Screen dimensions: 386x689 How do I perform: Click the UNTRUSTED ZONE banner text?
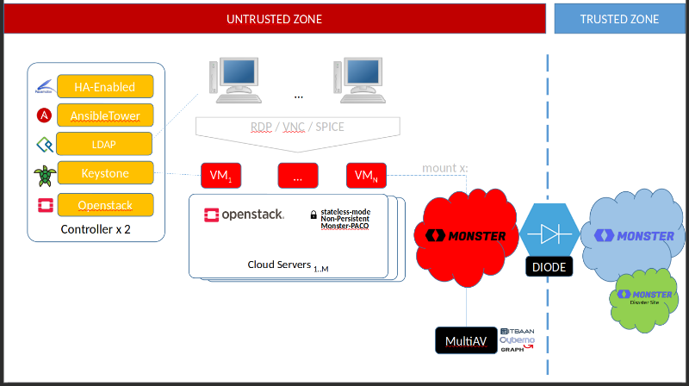275,19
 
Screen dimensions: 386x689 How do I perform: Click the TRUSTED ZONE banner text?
619,19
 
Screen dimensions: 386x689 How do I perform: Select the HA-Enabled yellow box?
105,86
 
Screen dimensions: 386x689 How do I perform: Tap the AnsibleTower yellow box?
105,115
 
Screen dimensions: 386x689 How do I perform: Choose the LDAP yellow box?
105,144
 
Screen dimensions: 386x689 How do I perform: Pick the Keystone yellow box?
105,173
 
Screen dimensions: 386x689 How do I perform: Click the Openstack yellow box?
105,205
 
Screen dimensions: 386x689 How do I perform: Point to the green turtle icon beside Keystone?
43,175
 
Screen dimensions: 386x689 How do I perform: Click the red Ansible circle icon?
43,115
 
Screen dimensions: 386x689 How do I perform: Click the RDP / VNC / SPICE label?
297,127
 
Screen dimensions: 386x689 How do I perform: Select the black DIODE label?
549,267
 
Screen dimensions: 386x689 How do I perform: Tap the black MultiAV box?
466,341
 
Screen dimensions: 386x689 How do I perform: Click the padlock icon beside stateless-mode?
313,214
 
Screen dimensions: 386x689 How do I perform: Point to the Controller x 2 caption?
96,229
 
